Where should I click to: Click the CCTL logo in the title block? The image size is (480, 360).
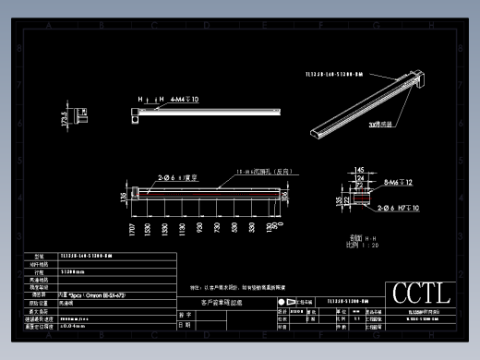click(421, 294)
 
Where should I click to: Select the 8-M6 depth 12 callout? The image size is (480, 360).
click(399, 184)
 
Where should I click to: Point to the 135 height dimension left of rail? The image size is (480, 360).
click(125, 195)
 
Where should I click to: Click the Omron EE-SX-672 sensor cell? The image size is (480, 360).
click(92, 294)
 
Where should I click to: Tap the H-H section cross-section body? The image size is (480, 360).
click(360, 196)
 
